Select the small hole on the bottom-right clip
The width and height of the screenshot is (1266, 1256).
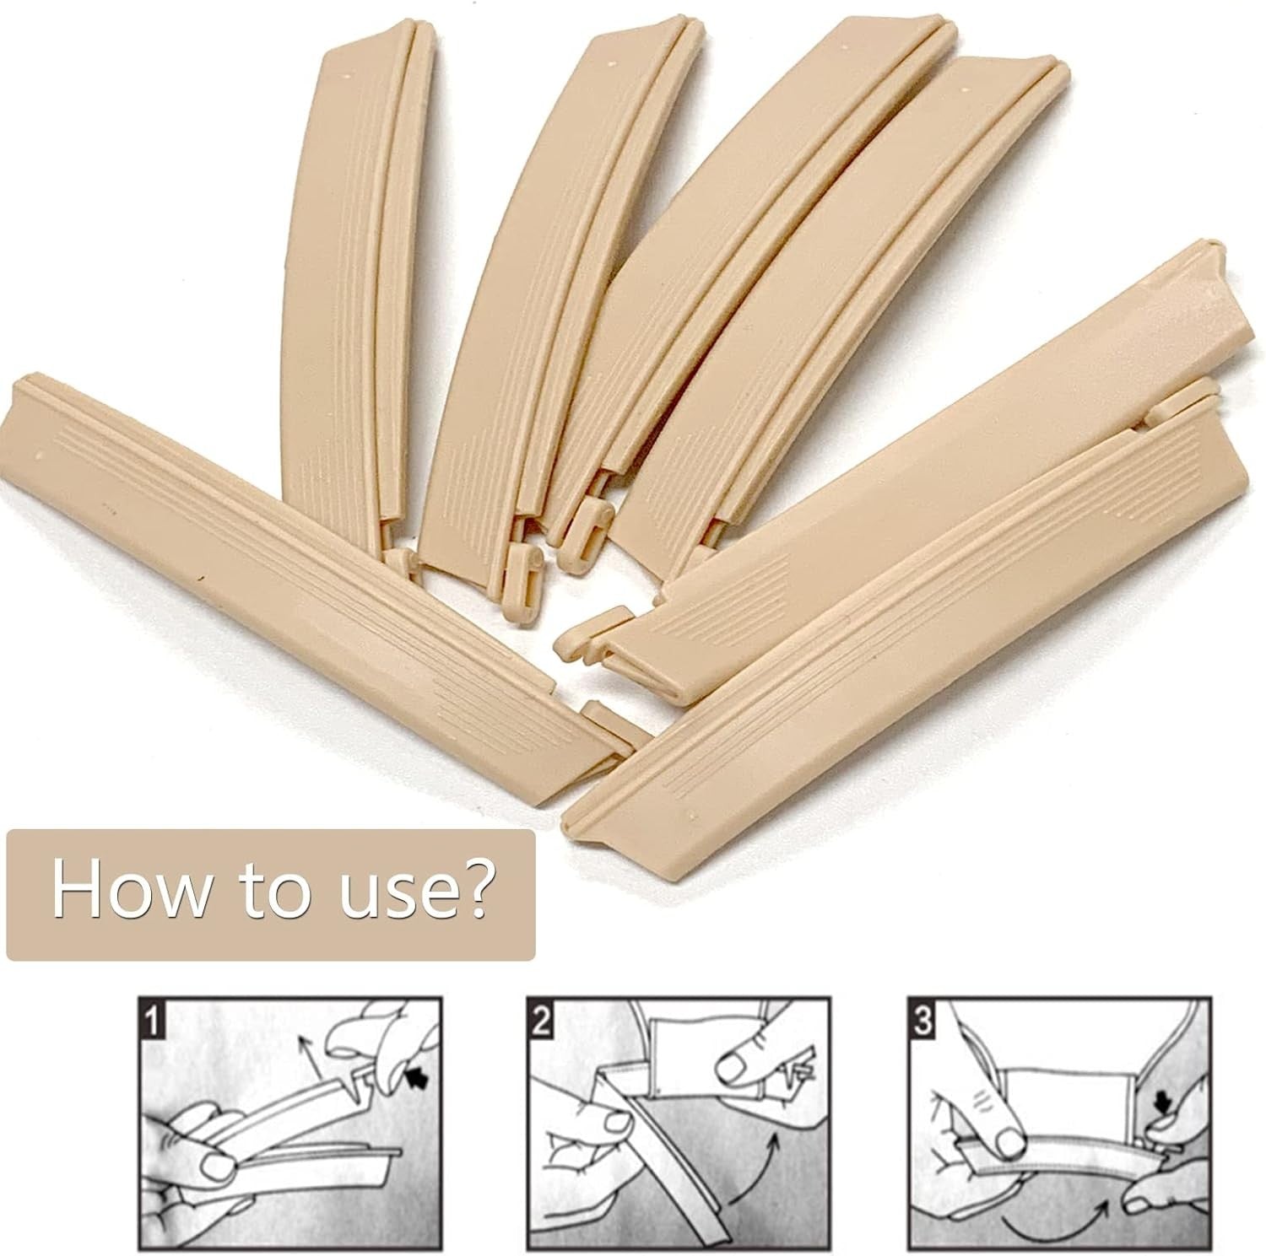[x=694, y=816]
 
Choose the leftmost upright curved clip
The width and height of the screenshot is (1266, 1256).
[x=354, y=295]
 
